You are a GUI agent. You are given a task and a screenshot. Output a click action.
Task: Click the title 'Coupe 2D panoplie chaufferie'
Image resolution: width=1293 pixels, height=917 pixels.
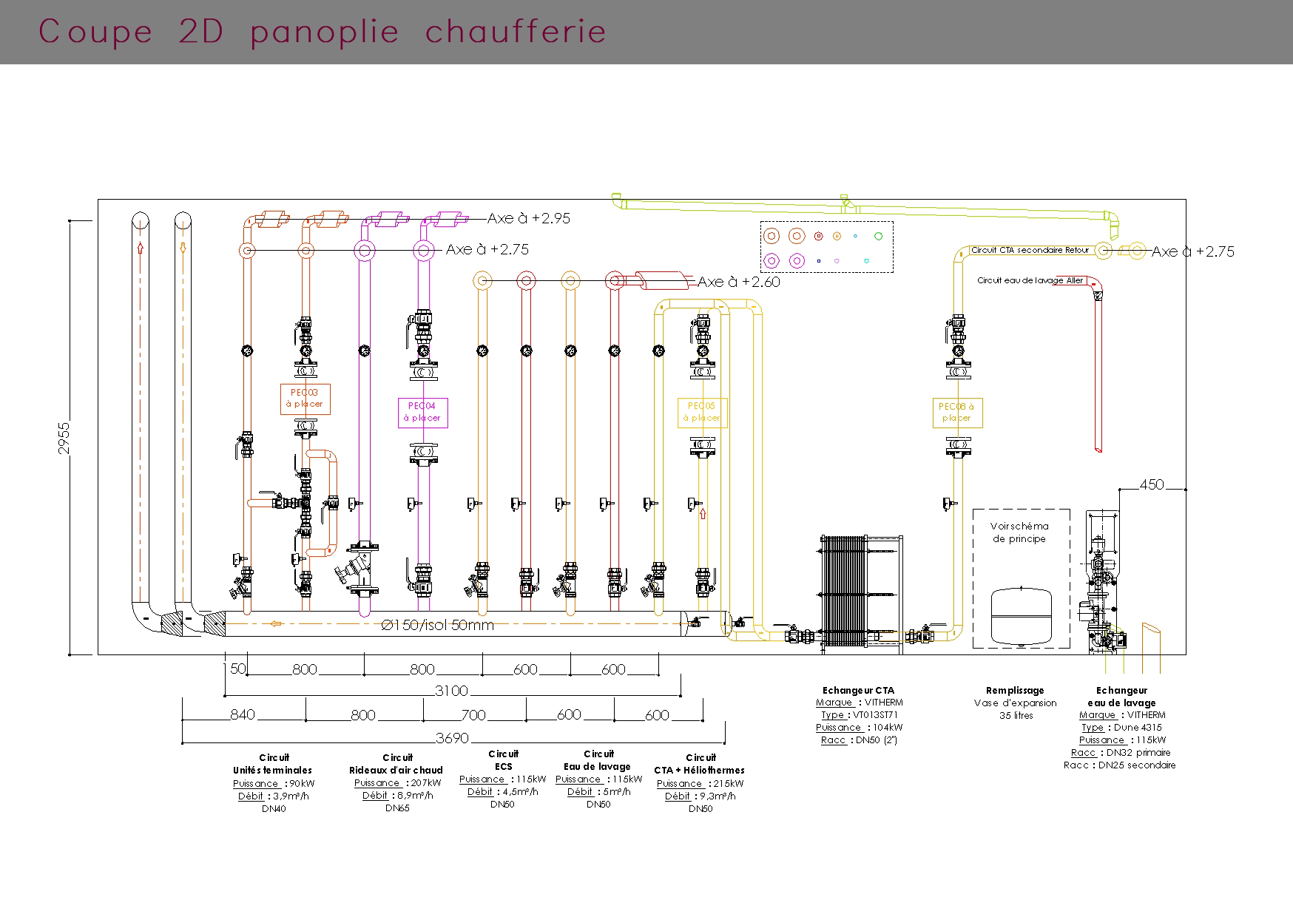pos(323,32)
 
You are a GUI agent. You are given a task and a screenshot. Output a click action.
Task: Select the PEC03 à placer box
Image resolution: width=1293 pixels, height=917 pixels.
pos(305,399)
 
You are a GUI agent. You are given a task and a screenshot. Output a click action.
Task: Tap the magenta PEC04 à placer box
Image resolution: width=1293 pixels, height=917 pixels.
pos(422,412)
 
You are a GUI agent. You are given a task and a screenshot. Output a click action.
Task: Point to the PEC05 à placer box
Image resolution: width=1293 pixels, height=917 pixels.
pos(702,412)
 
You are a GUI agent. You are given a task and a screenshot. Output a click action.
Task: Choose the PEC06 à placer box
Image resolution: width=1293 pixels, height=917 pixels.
pos(956,412)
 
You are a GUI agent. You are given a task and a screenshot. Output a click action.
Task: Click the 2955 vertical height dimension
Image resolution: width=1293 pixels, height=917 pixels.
pos(64,438)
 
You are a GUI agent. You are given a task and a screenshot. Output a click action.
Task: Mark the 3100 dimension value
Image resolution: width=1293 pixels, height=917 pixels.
pos(451,691)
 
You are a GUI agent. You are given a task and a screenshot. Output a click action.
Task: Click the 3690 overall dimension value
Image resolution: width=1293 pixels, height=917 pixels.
pos(452,738)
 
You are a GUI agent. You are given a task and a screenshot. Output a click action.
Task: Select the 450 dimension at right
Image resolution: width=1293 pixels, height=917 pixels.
pos(1152,484)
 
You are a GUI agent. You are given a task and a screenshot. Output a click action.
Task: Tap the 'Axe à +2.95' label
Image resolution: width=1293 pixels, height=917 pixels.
pos(529,219)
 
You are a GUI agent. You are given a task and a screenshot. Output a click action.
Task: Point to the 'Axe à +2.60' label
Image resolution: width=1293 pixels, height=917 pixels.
pos(738,282)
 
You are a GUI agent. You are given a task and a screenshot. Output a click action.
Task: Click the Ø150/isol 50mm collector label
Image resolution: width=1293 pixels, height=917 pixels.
pos(437,625)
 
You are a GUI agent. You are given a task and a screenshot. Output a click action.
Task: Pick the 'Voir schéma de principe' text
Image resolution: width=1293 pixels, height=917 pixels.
pos(1019,532)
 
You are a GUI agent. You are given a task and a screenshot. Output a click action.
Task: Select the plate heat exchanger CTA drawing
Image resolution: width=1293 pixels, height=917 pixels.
pos(843,592)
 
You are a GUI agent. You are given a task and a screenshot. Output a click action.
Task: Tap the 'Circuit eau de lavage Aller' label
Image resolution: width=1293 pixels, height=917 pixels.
pos(1030,280)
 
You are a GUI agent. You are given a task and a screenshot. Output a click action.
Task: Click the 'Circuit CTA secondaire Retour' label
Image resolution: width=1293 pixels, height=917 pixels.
pos(1029,250)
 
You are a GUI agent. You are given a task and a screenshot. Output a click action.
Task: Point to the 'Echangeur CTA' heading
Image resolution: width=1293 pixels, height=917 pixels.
pos(858,691)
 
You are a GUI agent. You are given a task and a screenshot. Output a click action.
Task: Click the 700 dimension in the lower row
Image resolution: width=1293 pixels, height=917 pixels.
pos(473,715)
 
